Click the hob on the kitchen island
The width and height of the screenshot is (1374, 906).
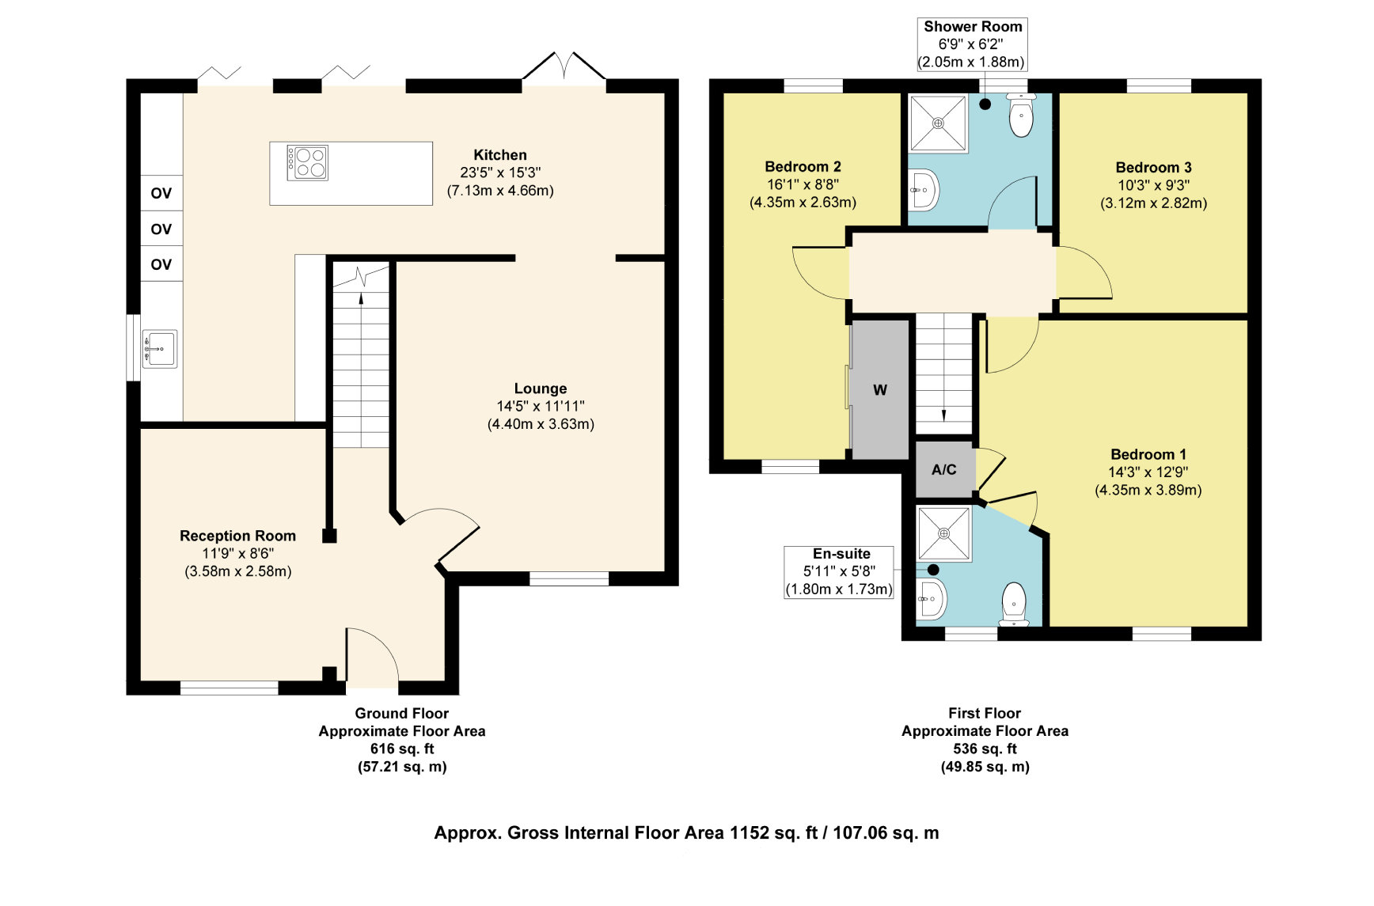click(x=307, y=162)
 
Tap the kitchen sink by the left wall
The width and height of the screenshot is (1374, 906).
click(x=160, y=349)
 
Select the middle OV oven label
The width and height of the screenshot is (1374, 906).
click(x=161, y=229)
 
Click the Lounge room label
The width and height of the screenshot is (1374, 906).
click(x=541, y=389)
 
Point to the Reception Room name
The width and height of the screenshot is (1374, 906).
click(x=237, y=536)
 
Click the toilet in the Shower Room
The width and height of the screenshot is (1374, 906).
click(x=1021, y=116)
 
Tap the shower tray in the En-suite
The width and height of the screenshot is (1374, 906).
click(x=943, y=534)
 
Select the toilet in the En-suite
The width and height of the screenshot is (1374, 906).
click(x=1014, y=605)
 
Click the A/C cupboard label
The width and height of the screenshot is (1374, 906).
click(x=944, y=469)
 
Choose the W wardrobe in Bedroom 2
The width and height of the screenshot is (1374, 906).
click(x=880, y=389)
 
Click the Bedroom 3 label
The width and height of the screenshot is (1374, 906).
click(x=1153, y=167)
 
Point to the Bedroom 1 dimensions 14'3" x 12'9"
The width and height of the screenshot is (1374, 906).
click(x=1148, y=472)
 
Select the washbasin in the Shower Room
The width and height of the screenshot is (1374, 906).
click(x=923, y=190)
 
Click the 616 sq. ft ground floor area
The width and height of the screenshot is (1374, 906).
click(x=402, y=749)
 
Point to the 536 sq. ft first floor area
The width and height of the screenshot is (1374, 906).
click(x=985, y=749)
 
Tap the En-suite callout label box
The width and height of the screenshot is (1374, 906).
click(x=839, y=572)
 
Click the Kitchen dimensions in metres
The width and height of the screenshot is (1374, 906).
click(x=500, y=191)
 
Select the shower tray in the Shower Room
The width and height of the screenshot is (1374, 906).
click(x=938, y=123)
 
